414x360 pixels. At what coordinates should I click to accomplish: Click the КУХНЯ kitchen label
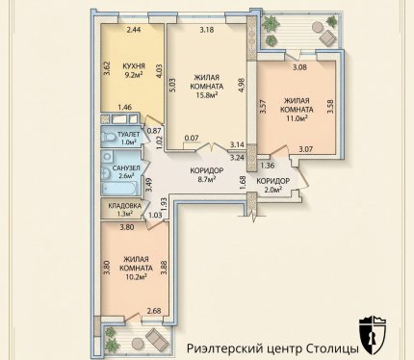(134, 66)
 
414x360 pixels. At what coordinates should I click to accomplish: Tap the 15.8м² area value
(207, 94)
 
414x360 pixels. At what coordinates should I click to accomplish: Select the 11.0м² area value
(297, 117)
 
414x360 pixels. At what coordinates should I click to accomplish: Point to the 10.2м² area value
(136, 276)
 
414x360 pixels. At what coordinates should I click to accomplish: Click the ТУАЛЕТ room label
(128, 135)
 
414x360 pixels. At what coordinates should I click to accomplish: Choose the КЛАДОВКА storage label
(124, 206)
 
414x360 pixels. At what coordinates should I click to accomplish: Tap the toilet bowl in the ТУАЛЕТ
(108, 137)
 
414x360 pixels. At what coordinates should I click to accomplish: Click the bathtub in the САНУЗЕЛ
(119, 189)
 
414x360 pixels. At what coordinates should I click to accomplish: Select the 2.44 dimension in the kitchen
(134, 30)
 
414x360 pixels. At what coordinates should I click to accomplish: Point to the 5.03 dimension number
(172, 86)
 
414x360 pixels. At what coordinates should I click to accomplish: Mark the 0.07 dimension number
(192, 139)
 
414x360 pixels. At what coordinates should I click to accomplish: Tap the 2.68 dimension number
(154, 311)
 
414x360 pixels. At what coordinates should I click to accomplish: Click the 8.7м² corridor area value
(207, 180)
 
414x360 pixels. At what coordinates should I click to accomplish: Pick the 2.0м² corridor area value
(272, 190)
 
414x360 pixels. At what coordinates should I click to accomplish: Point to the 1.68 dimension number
(243, 183)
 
